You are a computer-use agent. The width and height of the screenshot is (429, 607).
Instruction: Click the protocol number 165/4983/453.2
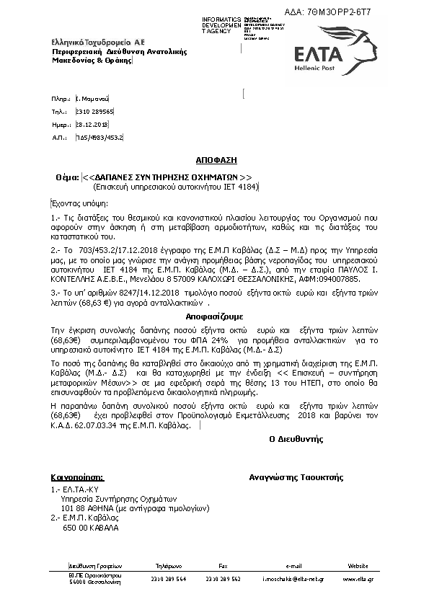99,136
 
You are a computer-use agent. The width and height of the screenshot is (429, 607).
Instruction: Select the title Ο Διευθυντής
296,439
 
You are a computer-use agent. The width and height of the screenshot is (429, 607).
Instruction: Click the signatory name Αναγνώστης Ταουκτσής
296,477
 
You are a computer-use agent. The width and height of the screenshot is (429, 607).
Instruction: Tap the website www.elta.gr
358,579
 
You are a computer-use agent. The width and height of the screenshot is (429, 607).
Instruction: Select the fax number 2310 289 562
223,579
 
